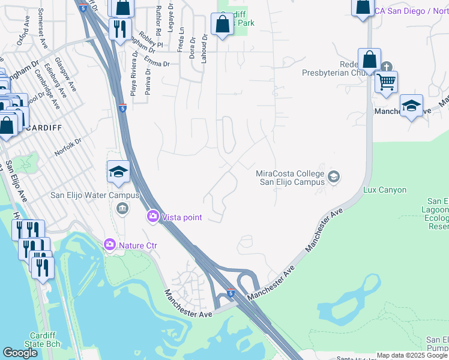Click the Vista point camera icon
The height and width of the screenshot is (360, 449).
coord(153,216)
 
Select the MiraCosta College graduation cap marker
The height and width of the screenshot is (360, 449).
coord(334,177)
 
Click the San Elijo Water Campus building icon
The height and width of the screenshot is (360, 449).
coord(122,208)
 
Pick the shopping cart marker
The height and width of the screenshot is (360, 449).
coord(386,82)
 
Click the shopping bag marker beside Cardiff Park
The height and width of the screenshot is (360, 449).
coord(222,25)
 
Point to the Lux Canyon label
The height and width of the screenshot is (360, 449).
coord(385,190)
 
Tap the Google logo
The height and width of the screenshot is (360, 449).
coord(20,353)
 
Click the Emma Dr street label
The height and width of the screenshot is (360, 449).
coord(157,62)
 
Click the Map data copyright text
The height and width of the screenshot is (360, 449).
coord(412,355)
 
